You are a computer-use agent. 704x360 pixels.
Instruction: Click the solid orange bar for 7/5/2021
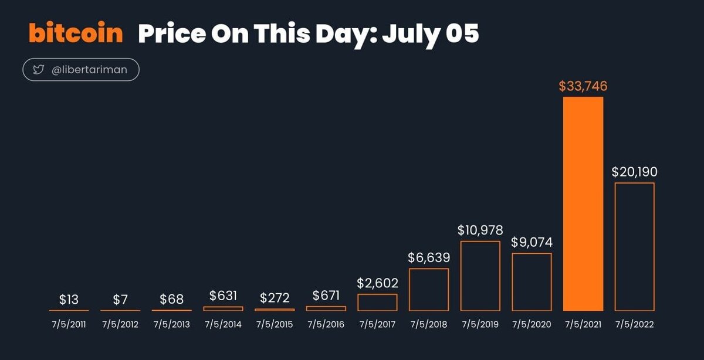click(583, 203)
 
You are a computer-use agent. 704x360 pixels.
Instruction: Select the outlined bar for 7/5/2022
click(634, 246)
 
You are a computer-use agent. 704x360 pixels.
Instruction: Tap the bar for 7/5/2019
click(480, 276)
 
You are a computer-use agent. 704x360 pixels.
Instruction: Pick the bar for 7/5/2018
click(429, 289)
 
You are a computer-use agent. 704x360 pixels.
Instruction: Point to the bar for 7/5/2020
click(532, 281)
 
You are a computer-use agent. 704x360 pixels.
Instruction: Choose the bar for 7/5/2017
click(377, 302)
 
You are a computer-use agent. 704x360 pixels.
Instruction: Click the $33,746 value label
click(583, 87)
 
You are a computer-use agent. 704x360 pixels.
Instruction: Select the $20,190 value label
click(634, 172)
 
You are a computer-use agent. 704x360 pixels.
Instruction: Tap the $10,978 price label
click(480, 230)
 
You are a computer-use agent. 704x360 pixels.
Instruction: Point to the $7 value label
click(120, 300)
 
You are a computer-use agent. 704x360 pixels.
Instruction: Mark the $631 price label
click(223, 296)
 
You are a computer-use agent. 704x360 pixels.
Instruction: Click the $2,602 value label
click(377, 283)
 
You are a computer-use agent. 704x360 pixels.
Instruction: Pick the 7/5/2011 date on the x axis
click(69, 324)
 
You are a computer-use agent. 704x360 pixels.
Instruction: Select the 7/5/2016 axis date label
click(326, 324)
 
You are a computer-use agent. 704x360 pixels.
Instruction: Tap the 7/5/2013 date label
click(171, 324)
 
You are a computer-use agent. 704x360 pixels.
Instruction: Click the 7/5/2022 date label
click(634, 324)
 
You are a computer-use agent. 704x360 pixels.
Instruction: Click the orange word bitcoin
click(76, 33)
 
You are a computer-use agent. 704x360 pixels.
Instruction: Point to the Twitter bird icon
click(39, 70)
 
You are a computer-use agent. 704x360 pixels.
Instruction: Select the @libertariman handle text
click(90, 70)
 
